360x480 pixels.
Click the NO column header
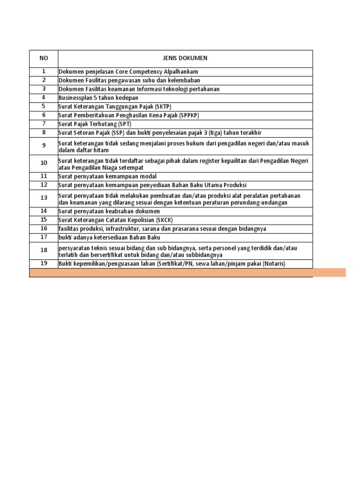point(44,58)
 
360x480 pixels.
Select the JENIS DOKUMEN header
point(185,58)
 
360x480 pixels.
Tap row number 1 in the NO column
point(44,71)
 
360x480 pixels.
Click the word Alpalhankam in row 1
point(180,72)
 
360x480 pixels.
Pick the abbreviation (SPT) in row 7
point(124,124)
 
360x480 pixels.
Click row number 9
point(44,146)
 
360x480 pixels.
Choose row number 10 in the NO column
point(44,163)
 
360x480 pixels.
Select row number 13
point(44,198)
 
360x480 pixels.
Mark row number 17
point(44,237)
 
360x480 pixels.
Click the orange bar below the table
point(187,272)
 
